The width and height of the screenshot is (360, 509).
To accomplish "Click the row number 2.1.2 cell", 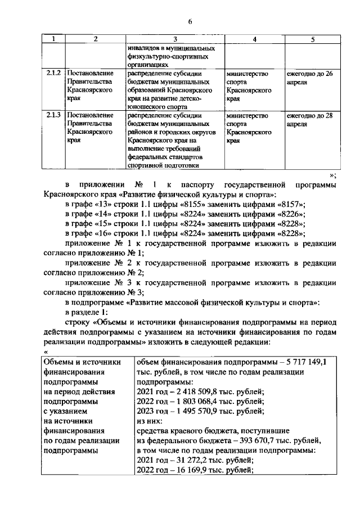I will click(54, 74).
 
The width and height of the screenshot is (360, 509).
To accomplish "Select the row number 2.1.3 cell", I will click(54, 116).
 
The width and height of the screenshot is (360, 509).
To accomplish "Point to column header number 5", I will click(312, 39).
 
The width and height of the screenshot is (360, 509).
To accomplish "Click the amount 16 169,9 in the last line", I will click(189, 469).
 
